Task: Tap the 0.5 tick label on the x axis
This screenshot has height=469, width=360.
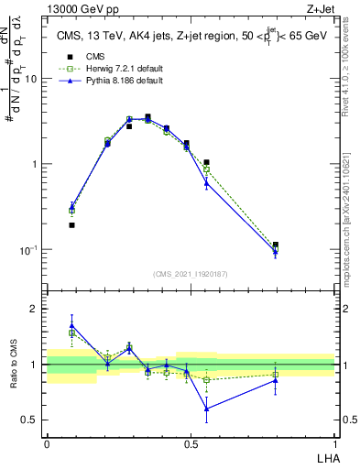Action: (191, 442)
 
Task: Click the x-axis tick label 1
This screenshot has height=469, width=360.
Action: (334, 442)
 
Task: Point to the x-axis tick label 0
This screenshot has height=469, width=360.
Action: (47, 442)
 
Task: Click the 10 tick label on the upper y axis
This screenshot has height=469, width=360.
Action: (32, 79)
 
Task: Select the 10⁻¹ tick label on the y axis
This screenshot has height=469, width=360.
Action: (29, 249)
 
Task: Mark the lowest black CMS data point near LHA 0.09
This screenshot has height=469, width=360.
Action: (71, 224)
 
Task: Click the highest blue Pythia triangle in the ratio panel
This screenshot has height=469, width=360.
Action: (71, 325)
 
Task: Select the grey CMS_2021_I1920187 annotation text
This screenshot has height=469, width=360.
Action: (190, 273)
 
